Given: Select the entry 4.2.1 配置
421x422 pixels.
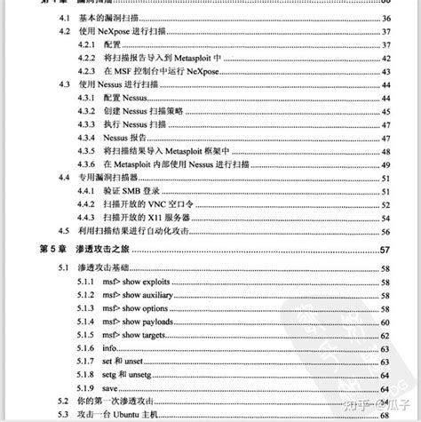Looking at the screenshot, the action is tap(112, 43).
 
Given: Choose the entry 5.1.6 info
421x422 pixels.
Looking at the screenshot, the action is tap(97, 348).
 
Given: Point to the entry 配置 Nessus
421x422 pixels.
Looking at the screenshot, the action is tap(124, 96).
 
